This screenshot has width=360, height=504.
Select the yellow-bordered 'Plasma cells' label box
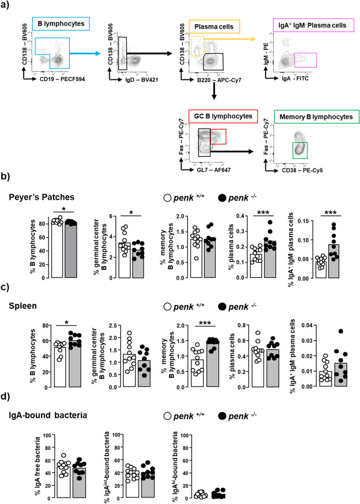(215, 25)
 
